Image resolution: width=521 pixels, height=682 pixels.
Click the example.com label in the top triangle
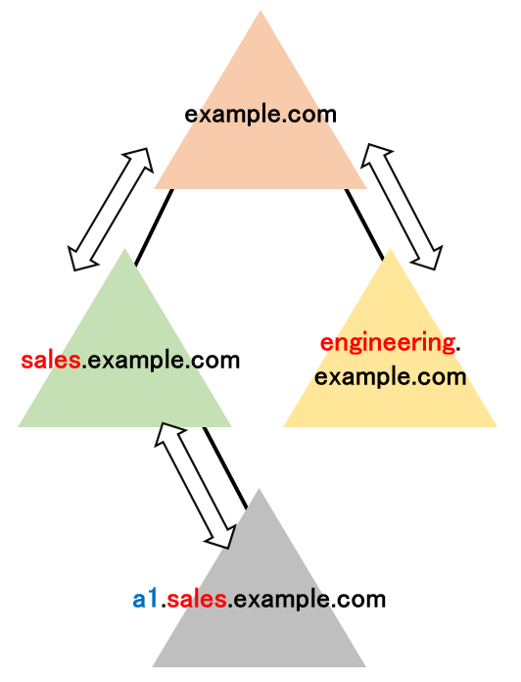tap(260, 116)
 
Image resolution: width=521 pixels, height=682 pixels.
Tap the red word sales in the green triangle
tap(51, 361)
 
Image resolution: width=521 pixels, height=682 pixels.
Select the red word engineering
tap(388, 344)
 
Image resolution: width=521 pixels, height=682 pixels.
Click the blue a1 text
tap(145, 600)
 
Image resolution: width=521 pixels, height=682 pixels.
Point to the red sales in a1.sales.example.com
tap(197, 600)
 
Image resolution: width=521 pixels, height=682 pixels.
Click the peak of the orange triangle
tap(260, 11)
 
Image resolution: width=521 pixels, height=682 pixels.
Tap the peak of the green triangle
tap(124, 248)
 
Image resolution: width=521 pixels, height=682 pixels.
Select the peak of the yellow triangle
tap(390, 248)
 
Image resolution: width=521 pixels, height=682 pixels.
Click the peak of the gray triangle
tap(259, 488)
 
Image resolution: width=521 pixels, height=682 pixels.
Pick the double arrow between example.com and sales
tap(111, 210)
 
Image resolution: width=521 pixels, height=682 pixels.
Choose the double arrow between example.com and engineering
tap(402, 207)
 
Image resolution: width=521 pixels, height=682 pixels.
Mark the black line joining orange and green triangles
tap(154, 227)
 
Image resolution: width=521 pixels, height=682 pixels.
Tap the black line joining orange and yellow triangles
tap(364, 224)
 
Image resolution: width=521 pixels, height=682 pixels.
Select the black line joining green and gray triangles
tap(224, 467)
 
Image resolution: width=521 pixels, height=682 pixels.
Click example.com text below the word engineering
tap(390, 377)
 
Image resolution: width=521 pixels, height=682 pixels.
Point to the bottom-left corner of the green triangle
tap(18, 426)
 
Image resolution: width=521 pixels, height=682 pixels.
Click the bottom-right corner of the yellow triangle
tap(497, 426)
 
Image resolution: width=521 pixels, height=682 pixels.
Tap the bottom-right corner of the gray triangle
tap(365, 666)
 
